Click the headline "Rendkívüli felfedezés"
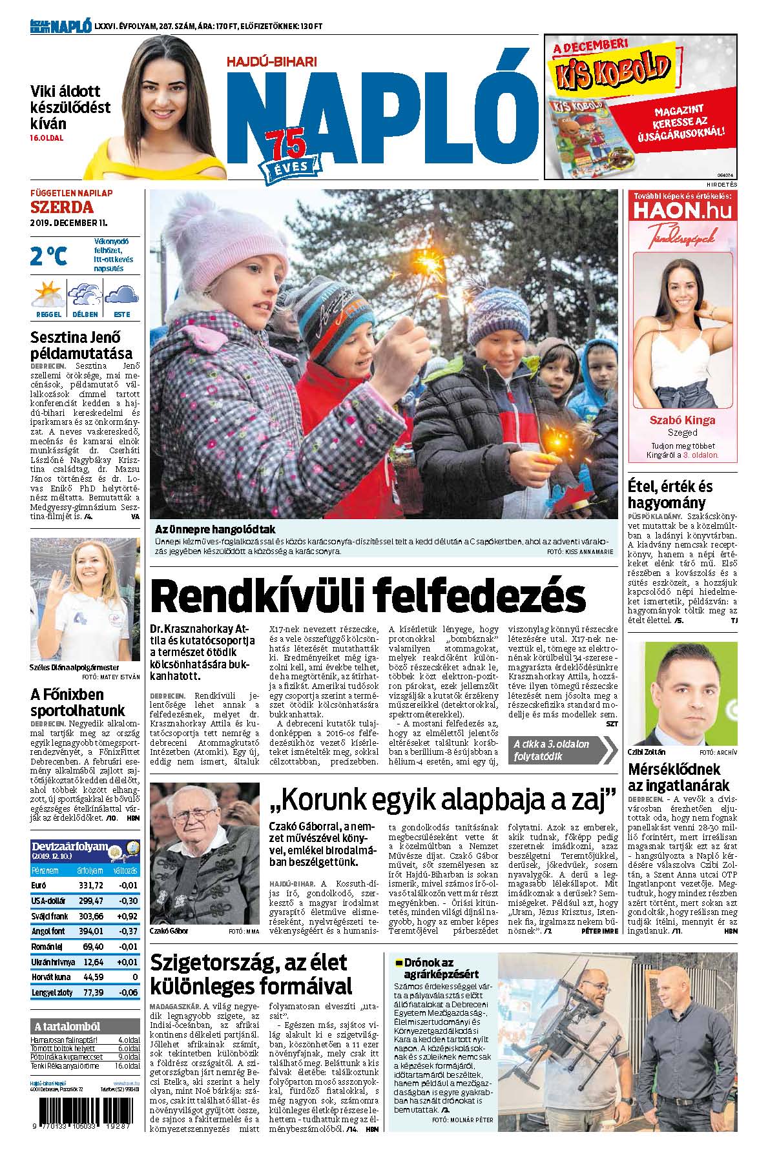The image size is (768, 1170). pyautogui.click(x=368, y=595)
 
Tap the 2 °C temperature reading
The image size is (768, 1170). pyautogui.click(x=48, y=256)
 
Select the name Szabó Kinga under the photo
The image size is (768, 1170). pyautogui.click(x=681, y=420)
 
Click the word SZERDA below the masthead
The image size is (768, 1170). pyautogui.click(x=62, y=207)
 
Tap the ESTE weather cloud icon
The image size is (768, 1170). pyautogui.click(x=121, y=296)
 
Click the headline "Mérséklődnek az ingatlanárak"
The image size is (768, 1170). pyautogui.click(x=678, y=777)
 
